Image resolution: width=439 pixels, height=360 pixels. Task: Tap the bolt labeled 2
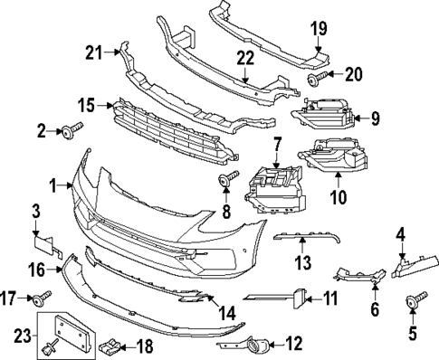(x=69, y=133)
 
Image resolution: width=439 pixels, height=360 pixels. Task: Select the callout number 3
(x=35, y=212)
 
